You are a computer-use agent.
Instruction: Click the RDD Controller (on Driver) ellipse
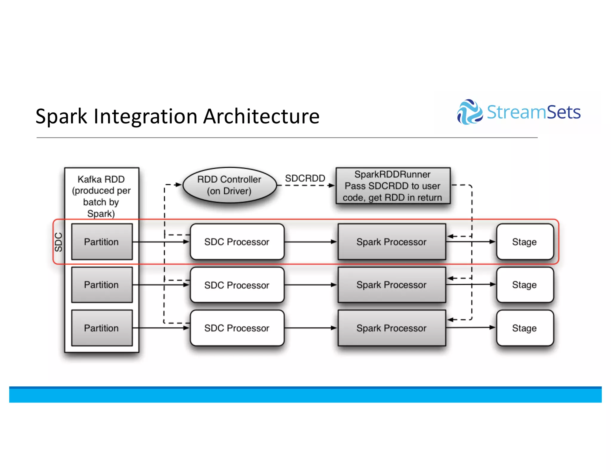(x=229, y=185)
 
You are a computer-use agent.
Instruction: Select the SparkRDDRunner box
(x=393, y=186)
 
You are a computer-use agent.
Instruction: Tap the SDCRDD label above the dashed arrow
(x=305, y=178)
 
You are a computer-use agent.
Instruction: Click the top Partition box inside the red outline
(x=102, y=242)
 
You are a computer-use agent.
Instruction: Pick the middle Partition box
(x=102, y=285)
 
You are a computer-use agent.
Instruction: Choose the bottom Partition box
(x=102, y=328)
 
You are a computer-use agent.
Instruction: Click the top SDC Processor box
(x=237, y=242)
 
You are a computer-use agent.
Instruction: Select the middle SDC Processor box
(x=237, y=285)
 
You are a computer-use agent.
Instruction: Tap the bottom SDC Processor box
(x=237, y=328)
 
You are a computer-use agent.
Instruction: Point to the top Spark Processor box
(x=391, y=242)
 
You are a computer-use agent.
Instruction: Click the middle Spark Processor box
(x=391, y=285)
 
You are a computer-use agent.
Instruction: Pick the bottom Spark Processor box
(x=391, y=328)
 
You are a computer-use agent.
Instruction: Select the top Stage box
(x=524, y=242)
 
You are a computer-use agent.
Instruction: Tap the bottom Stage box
(x=524, y=328)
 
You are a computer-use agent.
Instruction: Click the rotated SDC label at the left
(x=59, y=242)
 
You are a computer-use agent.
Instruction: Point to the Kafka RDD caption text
(x=101, y=196)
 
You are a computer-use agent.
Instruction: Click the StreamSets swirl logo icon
(x=469, y=112)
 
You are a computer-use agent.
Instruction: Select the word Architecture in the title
(x=261, y=116)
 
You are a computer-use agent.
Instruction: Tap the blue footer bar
(x=305, y=394)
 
